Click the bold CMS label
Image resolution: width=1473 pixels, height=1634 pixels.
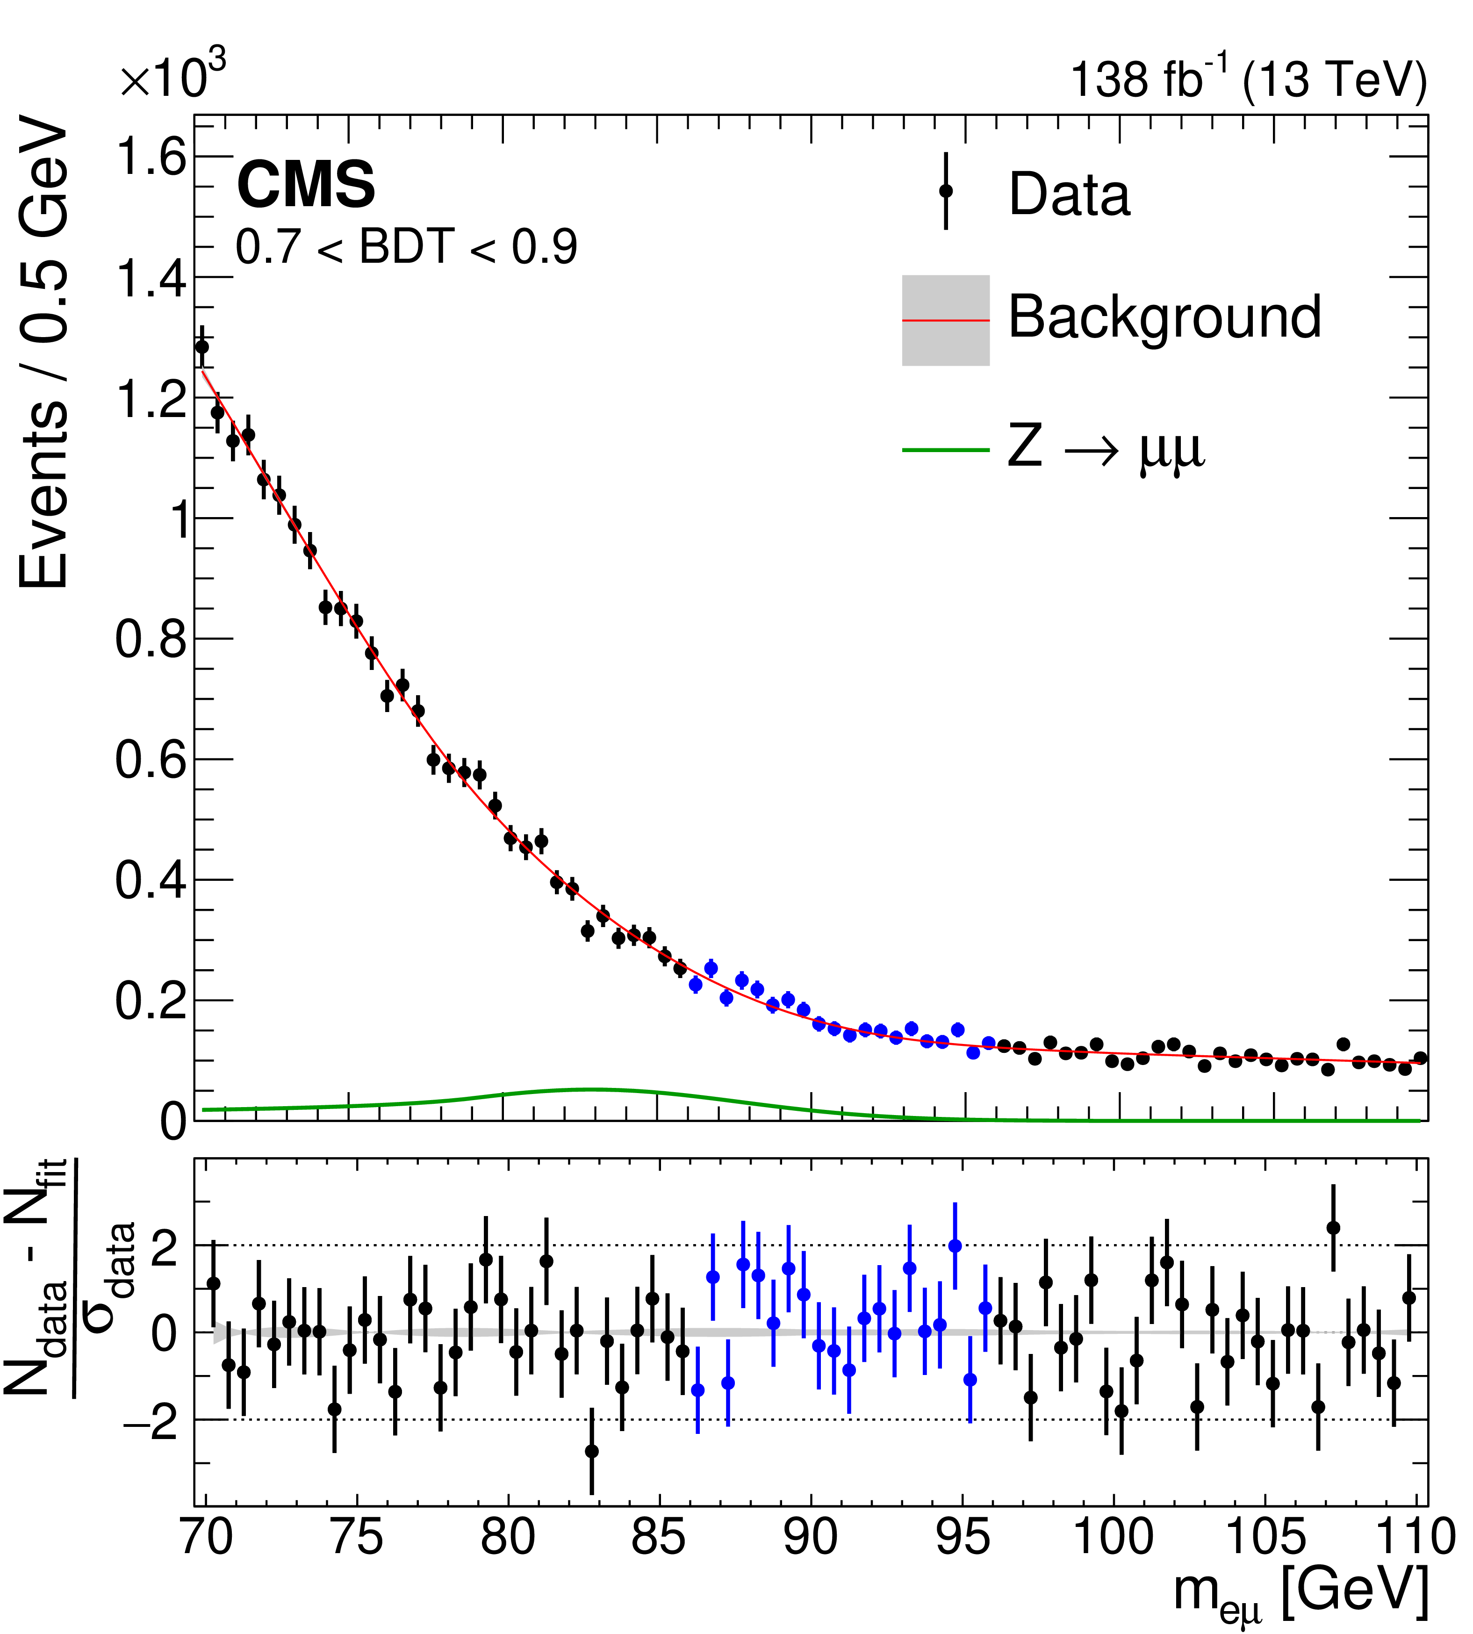(306, 185)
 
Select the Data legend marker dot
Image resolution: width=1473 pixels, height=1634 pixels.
(945, 192)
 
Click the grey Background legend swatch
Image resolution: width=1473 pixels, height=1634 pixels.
(945, 320)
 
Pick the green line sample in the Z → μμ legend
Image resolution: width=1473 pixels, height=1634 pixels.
(945, 450)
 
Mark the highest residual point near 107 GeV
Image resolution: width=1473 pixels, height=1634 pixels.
(1333, 1228)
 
